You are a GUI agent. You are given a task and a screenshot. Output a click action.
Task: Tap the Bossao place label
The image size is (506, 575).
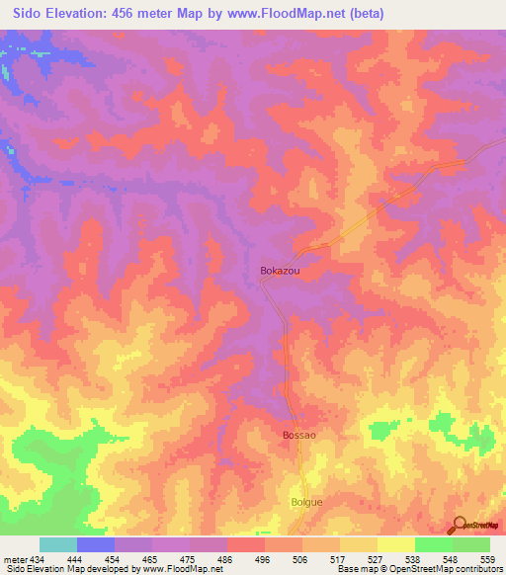coord(298,435)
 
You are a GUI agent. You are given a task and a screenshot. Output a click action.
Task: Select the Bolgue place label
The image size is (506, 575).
coord(306,502)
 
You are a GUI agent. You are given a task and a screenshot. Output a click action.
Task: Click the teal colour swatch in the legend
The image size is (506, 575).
coord(58,544)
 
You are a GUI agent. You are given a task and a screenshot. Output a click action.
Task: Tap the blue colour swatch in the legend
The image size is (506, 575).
coord(96,544)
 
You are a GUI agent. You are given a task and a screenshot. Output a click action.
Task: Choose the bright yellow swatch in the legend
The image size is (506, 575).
coord(395,544)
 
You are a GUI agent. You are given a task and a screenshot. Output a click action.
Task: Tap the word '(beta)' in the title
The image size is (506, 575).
coord(363,14)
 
